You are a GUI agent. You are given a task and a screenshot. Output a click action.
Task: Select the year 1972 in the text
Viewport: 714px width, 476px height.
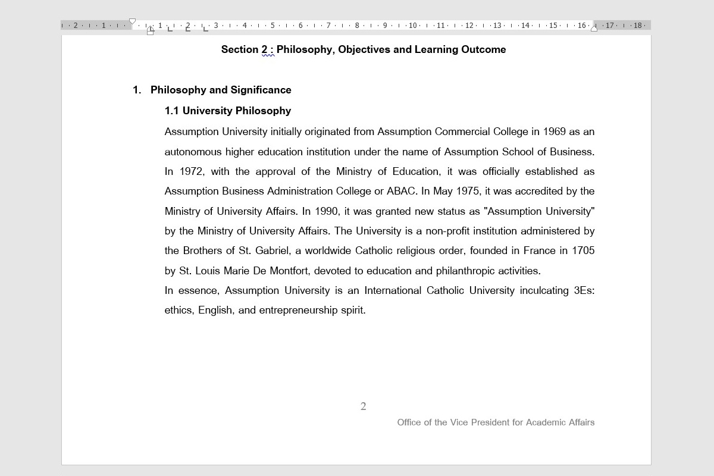coord(192,171)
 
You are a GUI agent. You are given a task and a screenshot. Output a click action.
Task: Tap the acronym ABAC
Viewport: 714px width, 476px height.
coord(402,191)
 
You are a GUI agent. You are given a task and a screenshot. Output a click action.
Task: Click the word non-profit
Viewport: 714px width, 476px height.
coord(450,231)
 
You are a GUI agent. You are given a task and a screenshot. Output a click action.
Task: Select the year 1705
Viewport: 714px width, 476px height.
coord(583,250)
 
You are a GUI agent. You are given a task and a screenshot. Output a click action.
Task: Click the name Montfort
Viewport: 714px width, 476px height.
coord(289,271)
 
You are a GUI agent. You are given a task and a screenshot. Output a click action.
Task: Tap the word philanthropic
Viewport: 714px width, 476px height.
coord(465,271)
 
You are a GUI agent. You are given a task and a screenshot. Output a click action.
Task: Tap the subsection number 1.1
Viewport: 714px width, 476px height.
coord(171,111)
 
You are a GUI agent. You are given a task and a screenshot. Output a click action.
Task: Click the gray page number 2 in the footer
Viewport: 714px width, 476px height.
coord(363,406)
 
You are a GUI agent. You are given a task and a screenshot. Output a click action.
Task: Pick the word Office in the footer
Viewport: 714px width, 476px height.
coord(409,422)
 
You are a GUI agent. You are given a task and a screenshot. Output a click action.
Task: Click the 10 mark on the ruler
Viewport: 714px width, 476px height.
coord(412,26)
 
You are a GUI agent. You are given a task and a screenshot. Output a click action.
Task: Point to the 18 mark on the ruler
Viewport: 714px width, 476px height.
coord(637,26)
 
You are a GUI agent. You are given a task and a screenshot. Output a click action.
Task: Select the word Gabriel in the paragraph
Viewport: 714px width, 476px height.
coord(271,250)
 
